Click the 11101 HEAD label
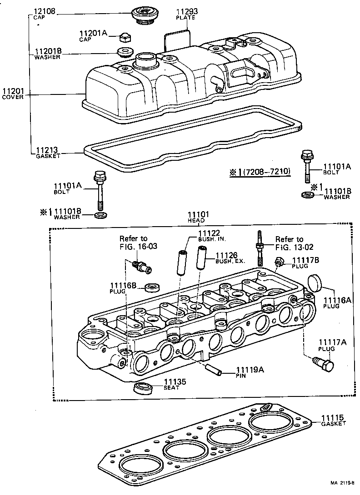198,217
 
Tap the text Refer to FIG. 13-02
290,243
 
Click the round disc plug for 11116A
315,282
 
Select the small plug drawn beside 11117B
280,262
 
